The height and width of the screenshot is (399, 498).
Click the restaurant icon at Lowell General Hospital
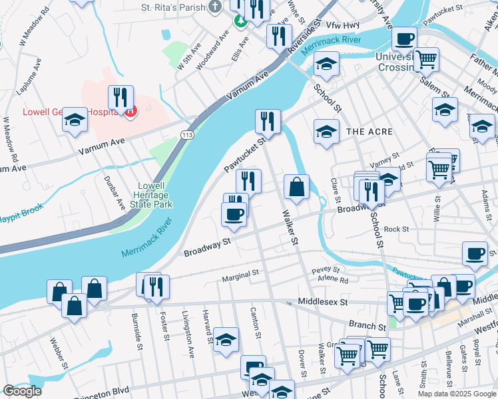tap(121, 97)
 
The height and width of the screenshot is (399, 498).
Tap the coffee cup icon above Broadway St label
tap(234, 214)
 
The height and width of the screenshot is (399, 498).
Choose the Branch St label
tap(369, 327)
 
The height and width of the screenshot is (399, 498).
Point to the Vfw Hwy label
tap(342, 25)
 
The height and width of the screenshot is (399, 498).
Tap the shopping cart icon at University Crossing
tap(426, 59)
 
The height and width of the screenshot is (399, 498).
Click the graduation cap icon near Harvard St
tap(226, 339)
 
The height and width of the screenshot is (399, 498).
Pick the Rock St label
tap(396, 229)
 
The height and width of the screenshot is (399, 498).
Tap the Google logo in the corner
tap(22, 391)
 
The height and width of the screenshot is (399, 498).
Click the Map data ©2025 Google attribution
tap(455, 394)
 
